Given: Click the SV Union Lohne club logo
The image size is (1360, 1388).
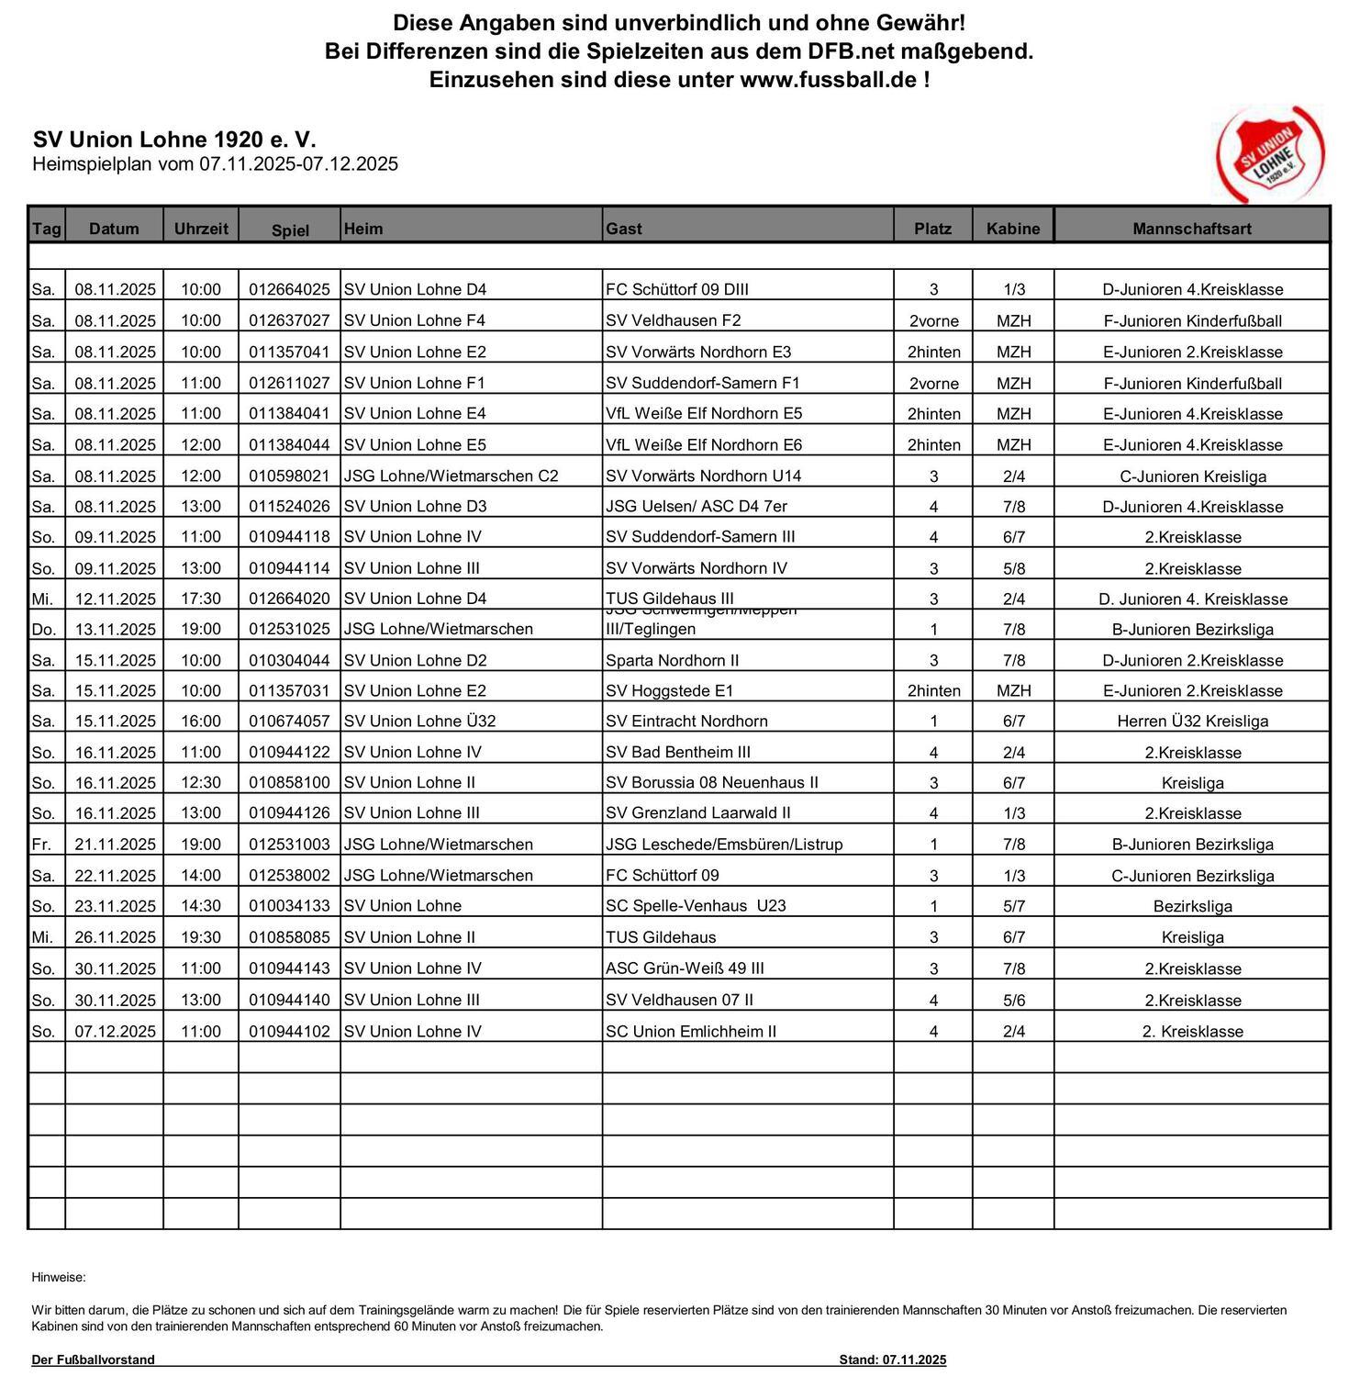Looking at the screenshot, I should click(1270, 154).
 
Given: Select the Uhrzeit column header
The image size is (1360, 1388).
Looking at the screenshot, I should click(201, 229).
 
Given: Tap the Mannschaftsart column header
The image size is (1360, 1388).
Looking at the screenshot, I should click(1191, 229).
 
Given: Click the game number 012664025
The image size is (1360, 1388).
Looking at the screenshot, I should click(289, 289).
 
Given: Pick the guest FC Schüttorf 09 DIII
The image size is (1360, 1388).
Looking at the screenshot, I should click(676, 289).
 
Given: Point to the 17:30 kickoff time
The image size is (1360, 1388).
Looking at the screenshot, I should click(201, 599).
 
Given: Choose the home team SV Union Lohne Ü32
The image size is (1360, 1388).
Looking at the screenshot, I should click(419, 721).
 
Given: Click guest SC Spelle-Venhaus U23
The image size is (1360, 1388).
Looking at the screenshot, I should click(696, 905).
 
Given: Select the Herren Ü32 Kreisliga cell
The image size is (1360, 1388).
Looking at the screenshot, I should click(1192, 721).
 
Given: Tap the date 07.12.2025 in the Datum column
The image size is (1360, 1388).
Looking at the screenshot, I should click(116, 1031).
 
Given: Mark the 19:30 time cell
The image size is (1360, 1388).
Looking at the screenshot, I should click(201, 936).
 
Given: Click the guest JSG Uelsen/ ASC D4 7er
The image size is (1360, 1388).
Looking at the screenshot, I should click(696, 506).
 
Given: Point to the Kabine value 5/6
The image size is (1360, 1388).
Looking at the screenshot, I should click(1013, 1000).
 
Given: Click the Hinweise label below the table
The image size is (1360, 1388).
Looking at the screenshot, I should click(59, 1277).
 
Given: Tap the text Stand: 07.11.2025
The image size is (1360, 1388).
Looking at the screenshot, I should click(892, 1360).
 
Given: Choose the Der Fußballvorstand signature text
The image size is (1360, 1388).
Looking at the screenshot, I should click(93, 1360).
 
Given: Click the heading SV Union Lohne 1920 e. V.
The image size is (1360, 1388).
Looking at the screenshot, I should click(174, 140).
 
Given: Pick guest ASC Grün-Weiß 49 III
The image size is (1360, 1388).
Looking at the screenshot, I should click(685, 968).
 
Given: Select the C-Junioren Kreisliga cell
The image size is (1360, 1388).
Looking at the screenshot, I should click(1192, 476).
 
